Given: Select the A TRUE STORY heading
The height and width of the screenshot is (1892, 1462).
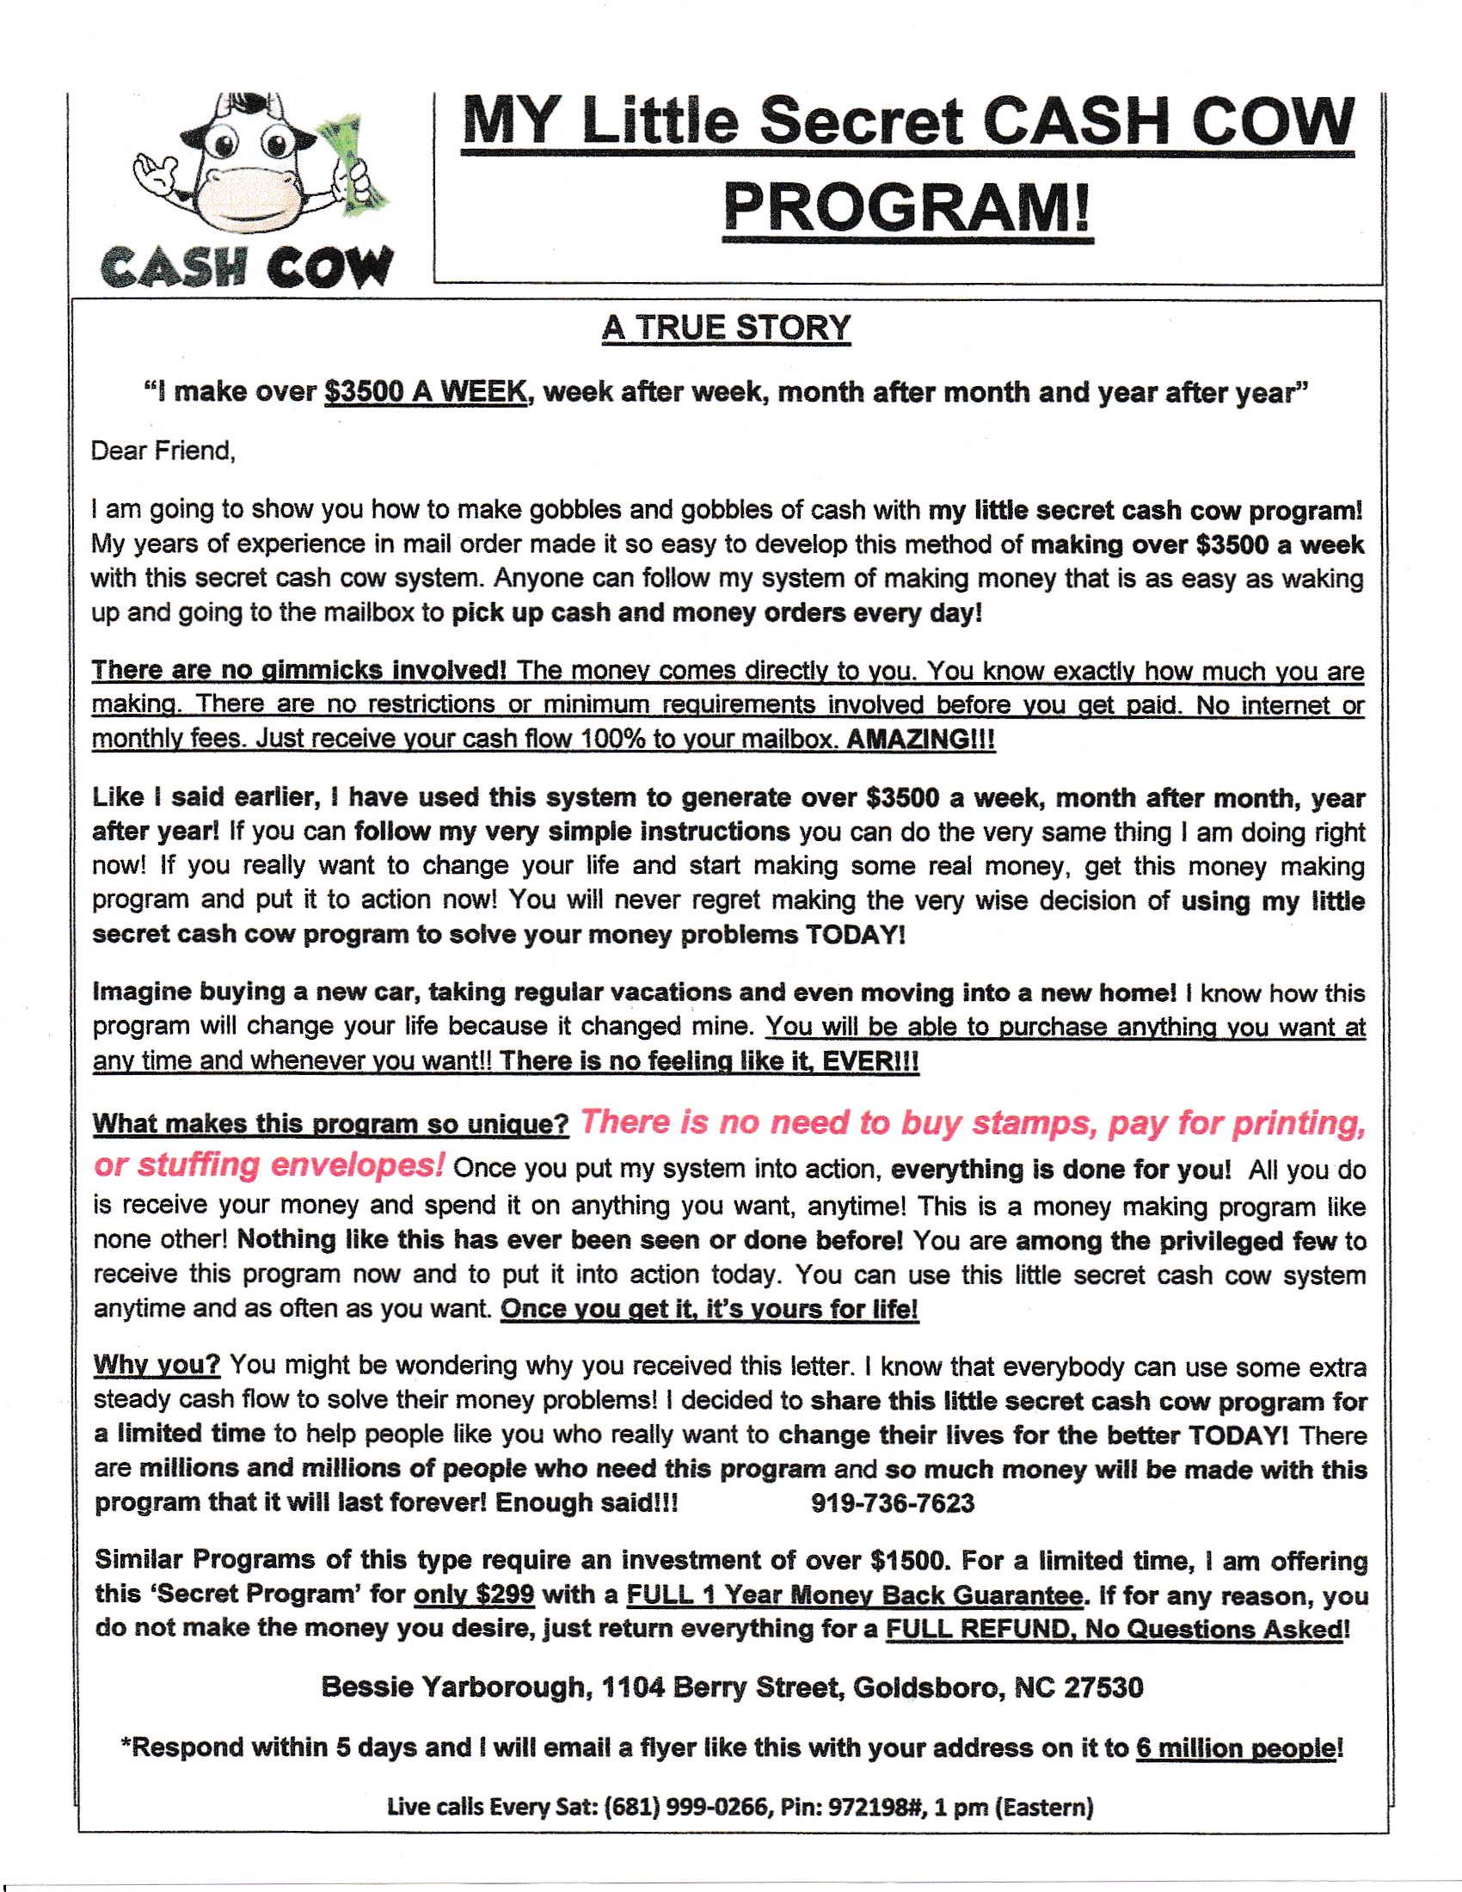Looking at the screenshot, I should click(726, 328).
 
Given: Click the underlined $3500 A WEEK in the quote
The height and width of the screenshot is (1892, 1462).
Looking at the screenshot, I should click(425, 392).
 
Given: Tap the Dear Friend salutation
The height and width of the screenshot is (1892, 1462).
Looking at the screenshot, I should click(163, 451).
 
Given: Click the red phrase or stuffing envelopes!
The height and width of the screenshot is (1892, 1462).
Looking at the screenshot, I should click(269, 1164).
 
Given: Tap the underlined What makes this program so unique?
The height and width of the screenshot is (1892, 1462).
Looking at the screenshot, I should click(330, 1124).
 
